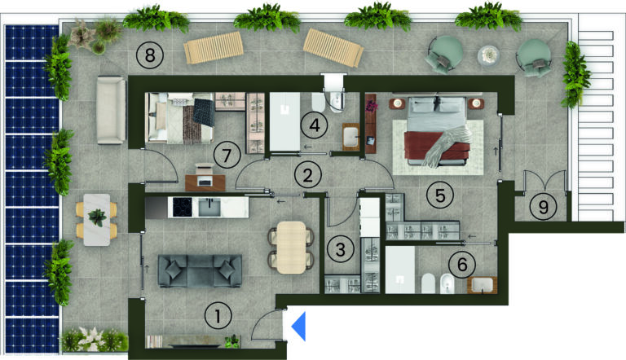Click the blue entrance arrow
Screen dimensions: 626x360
[300, 327]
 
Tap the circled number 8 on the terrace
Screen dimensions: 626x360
[150, 55]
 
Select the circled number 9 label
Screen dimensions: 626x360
[543, 207]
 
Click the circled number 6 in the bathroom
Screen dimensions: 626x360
[462, 264]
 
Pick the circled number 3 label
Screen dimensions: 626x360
[340, 249]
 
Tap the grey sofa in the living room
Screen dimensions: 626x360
[200, 271]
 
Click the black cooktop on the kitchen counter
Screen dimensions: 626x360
[185, 207]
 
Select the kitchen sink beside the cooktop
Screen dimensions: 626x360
[209, 207]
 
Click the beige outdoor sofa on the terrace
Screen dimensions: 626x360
[111, 110]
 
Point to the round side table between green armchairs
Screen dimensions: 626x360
[489, 55]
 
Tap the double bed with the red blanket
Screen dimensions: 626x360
[438, 131]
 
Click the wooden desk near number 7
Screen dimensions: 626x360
[205, 182]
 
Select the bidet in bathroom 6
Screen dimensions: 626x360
[447, 283]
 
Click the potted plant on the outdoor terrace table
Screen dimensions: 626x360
[98, 217]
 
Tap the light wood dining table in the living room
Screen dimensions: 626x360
[292, 248]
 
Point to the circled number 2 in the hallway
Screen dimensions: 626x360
[307, 175]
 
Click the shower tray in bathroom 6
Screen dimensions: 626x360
[400, 270]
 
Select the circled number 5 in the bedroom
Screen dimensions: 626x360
[440, 195]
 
